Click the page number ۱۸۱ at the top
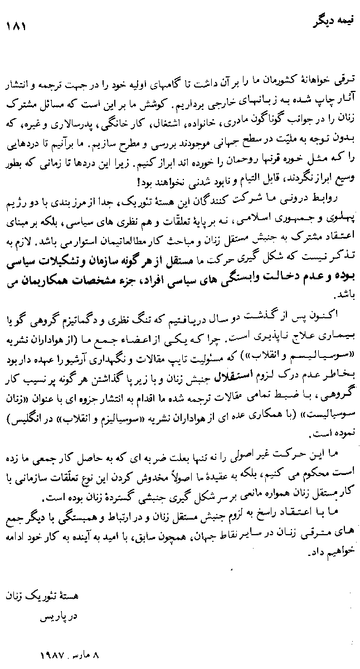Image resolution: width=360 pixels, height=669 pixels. [16, 26]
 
